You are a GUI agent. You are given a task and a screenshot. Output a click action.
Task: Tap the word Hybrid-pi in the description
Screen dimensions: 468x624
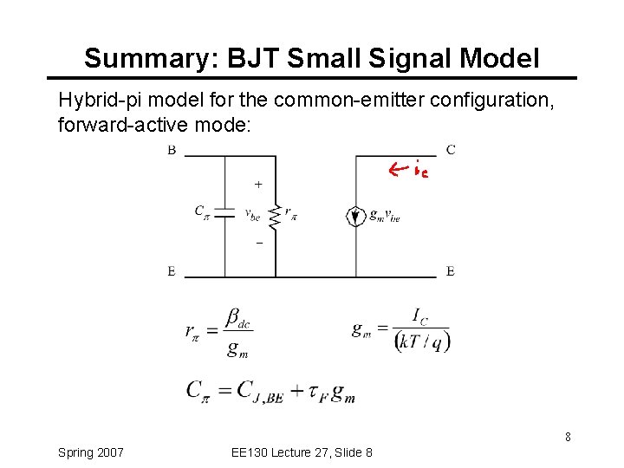93,100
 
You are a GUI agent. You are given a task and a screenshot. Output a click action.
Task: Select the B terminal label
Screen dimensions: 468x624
172,150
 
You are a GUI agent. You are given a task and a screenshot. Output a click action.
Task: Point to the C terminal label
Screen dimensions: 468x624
450,150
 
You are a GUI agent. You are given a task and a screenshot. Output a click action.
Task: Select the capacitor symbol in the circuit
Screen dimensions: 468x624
224,212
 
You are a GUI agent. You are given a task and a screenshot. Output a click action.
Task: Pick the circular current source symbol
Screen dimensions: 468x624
355,216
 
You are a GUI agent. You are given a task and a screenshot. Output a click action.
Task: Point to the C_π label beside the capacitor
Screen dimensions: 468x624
201,211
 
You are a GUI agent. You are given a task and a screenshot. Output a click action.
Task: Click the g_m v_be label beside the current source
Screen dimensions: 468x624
385,217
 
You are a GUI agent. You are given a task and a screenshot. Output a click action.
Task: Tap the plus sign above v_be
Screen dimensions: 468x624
257,184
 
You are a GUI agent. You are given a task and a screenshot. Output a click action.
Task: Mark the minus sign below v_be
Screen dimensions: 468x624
257,244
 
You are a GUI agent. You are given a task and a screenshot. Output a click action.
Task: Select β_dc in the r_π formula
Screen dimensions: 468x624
237,318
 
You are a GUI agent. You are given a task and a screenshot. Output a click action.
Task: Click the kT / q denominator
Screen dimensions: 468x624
422,341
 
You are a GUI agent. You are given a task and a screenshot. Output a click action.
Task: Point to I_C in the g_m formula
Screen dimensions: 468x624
420,315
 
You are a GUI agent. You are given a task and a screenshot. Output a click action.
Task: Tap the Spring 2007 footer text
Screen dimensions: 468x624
90,452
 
